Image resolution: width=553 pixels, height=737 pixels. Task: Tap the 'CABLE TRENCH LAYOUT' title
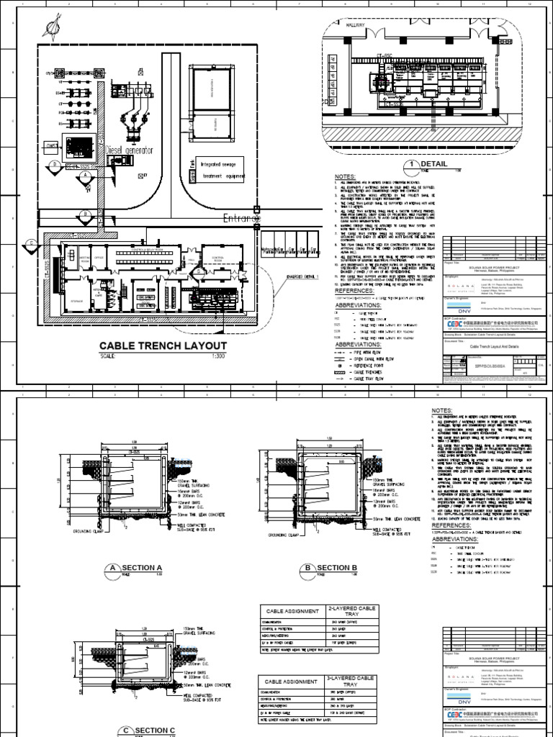click(x=163, y=346)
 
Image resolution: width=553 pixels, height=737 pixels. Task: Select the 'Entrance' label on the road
click(x=238, y=218)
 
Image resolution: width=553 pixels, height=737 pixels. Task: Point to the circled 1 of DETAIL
click(x=413, y=165)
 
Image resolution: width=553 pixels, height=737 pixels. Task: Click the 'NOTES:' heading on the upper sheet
click(x=346, y=176)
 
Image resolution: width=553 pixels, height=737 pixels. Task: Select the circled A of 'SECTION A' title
click(x=112, y=569)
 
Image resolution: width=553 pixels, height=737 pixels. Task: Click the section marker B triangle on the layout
click(x=85, y=214)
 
